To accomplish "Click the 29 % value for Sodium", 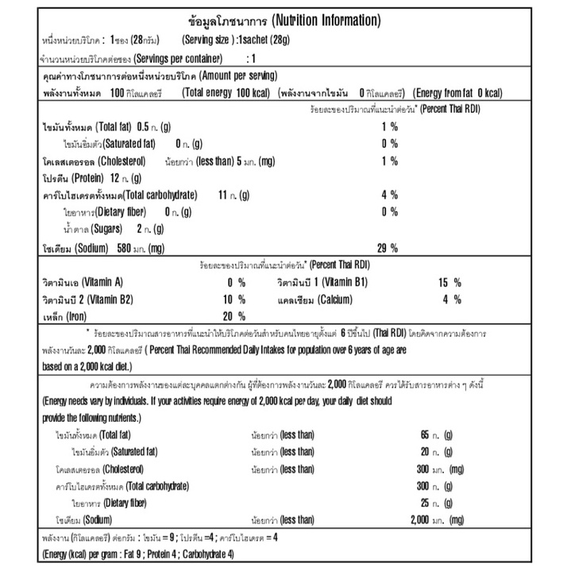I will tap(387, 249).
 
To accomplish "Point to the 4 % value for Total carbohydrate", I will tap(388, 195).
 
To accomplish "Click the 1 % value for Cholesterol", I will tap(388, 161).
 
